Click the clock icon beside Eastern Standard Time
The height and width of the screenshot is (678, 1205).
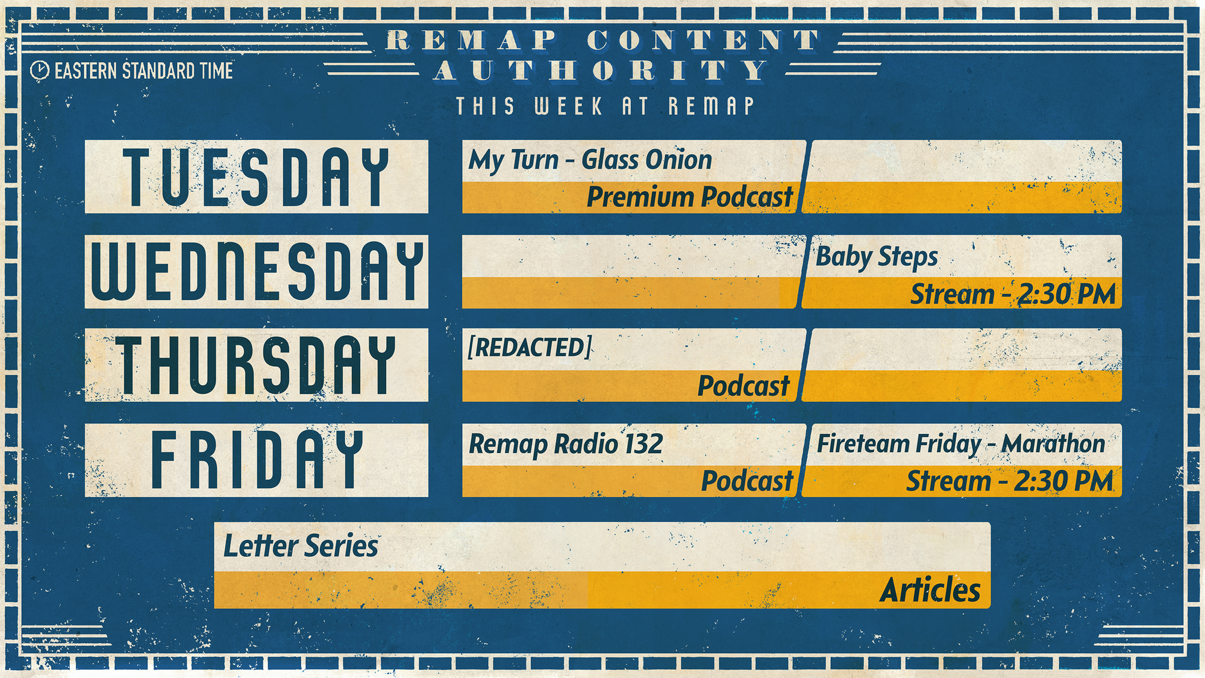(x=40, y=71)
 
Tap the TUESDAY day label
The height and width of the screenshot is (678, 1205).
(x=256, y=177)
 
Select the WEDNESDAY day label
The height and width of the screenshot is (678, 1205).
(x=257, y=271)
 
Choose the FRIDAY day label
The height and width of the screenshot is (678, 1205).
(x=257, y=459)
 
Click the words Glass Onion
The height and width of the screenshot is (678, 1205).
(x=646, y=160)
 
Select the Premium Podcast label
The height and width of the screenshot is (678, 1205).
(x=690, y=197)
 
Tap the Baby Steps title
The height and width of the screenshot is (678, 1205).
(x=877, y=257)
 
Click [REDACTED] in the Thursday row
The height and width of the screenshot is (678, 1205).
(x=530, y=347)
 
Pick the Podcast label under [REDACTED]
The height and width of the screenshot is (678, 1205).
(x=743, y=386)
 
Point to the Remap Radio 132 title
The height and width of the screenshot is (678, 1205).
(x=566, y=445)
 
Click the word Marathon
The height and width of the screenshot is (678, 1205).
(x=1053, y=444)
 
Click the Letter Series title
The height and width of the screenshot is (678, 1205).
(x=301, y=546)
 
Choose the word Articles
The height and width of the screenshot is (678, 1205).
(x=930, y=590)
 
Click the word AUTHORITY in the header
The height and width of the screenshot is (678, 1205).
(x=601, y=71)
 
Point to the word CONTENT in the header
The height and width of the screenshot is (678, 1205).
(x=704, y=40)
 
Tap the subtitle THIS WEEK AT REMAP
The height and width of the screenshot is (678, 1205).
(x=605, y=106)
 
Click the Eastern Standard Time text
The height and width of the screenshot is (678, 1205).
(x=143, y=71)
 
